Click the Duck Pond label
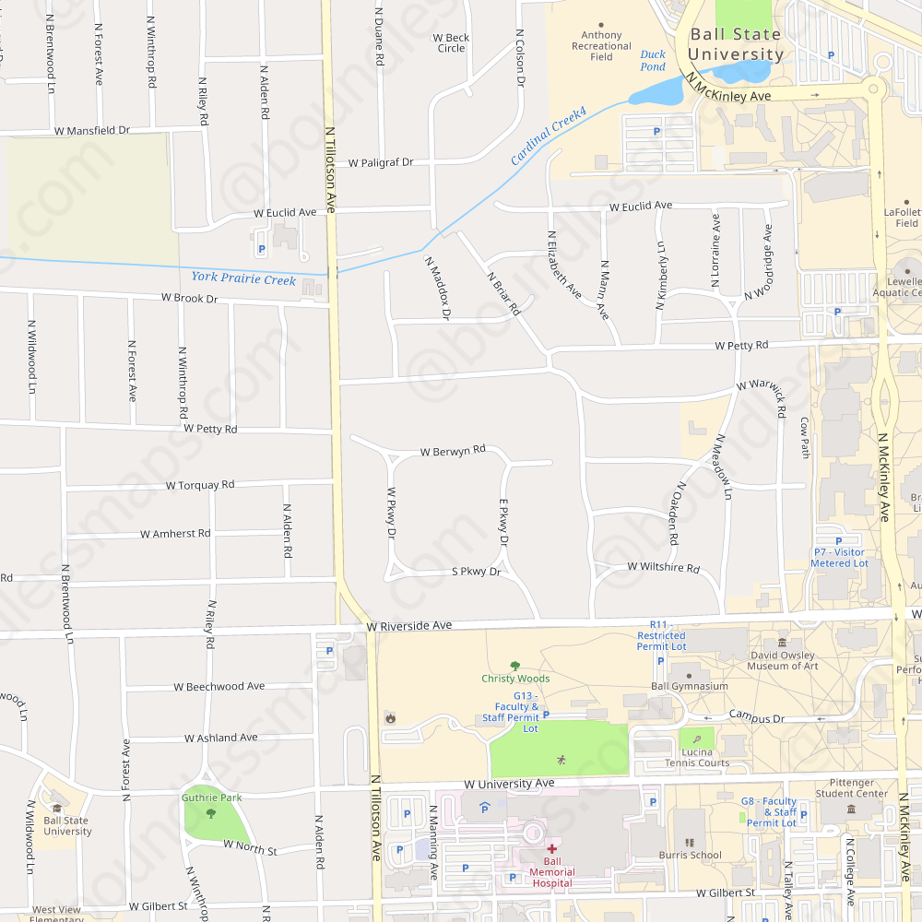click(653, 61)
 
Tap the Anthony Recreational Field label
click(601, 46)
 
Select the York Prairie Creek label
click(243, 278)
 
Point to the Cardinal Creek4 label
click(550, 136)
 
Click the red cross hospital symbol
click(551, 848)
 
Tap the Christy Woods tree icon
click(515, 666)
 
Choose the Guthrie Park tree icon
click(211, 813)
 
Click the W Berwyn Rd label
click(452, 452)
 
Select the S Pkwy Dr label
click(476, 572)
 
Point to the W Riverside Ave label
click(408, 626)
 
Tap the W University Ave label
click(509, 784)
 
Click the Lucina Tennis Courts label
click(697, 757)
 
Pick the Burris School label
click(691, 855)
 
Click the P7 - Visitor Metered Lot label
click(839, 557)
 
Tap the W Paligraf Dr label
click(381, 162)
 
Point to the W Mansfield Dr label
click(92, 132)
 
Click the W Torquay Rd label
click(200, 485)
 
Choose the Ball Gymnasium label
click(690, 686)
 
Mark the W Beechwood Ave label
click(219, 686)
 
